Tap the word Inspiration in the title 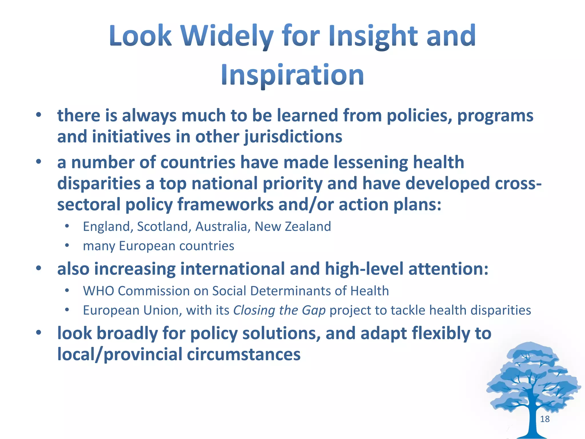pos(292,75)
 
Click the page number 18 pos(545,419)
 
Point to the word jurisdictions pos(293,137)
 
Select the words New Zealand pos(292,227)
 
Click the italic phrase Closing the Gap pos(279,310)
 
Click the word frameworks pos(226,205)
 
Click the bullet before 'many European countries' pos(67,245)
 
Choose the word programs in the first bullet pos(495,116)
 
